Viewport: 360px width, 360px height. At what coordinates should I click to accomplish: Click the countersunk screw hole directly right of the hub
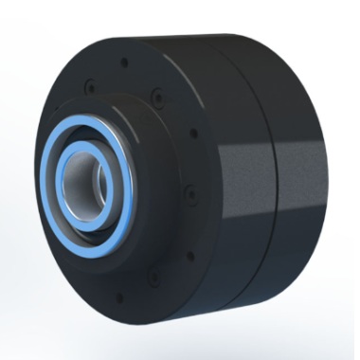pos(189,193)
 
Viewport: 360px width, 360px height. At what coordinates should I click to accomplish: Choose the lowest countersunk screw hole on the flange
pos(152,277)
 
